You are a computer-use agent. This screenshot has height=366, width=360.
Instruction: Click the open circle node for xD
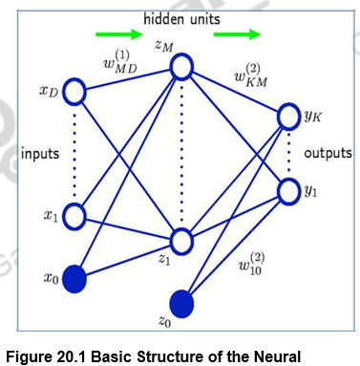[x=76, y=93]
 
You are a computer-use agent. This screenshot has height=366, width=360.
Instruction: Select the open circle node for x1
[x=76, y=215]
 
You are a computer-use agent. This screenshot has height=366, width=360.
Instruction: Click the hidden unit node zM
[x=182, y=67]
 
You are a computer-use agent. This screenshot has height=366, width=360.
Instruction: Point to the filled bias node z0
[x=181, y=305]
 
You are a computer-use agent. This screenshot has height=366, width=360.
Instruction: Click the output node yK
[x=289, y=118]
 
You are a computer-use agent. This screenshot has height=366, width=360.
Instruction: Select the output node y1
[x=289, y=189]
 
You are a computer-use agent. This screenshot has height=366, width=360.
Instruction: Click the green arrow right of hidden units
[x=236, y=36]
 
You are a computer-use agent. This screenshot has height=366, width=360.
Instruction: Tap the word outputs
[x=328, y=153]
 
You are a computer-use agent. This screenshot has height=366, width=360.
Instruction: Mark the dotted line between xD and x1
[x=76, y=153]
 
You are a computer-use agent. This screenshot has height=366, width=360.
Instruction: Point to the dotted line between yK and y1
[x=289, y=153]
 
